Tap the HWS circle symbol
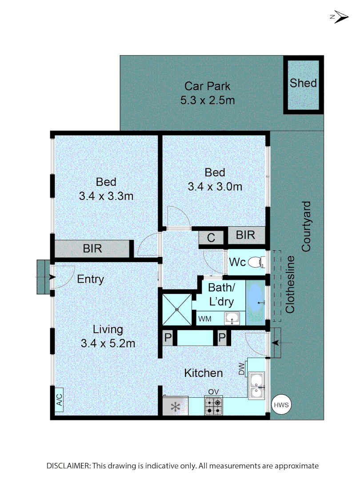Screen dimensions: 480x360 [x=281, y=405]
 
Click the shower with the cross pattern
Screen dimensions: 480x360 [x=177, y=309]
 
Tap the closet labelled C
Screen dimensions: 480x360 [x=211, y=238]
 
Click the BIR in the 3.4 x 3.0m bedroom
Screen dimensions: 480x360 [x=246, y=235]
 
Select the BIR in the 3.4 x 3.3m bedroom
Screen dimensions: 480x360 [x=92, y=248]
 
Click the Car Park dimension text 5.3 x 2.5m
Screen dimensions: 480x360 [x=208, y=100]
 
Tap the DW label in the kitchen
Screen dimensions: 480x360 [x=242, y=368]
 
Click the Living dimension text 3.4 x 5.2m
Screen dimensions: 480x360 [x=108, y=343]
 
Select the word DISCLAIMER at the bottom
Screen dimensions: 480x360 [x=68, y=466]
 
